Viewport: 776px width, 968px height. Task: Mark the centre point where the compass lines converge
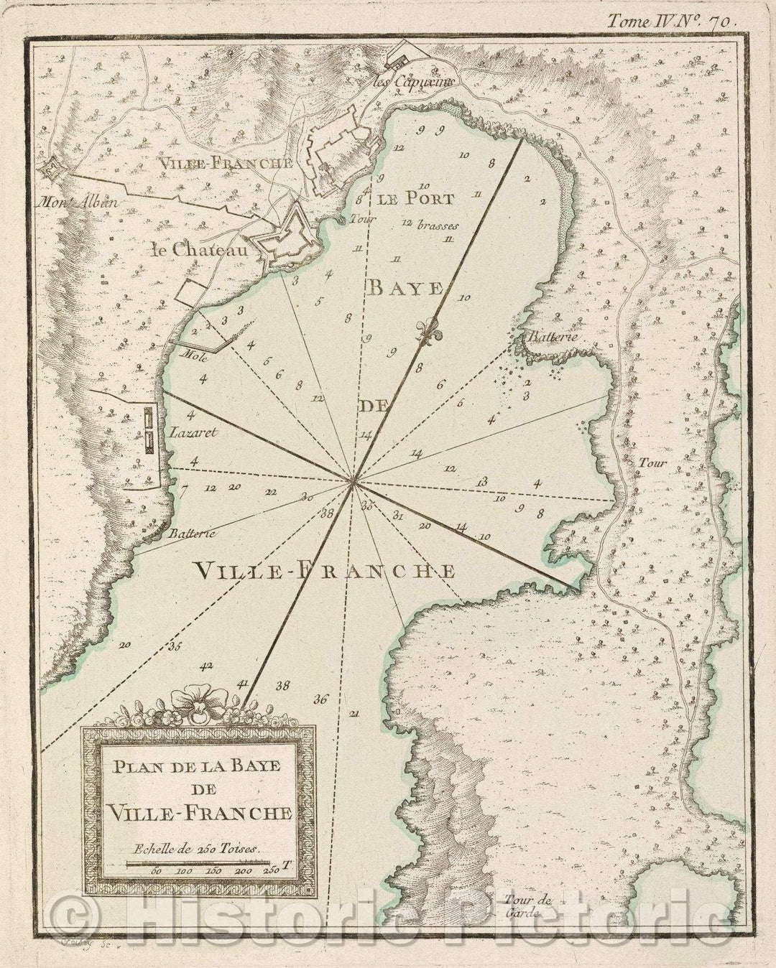click(352, 483)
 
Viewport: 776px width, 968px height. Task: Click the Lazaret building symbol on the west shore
click(149, 429)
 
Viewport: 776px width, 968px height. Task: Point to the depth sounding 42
click(208, 666)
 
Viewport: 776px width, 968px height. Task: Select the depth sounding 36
click(320, 699)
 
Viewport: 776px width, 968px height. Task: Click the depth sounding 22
click(270, 492)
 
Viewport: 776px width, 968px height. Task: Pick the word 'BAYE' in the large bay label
click(406, 289)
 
